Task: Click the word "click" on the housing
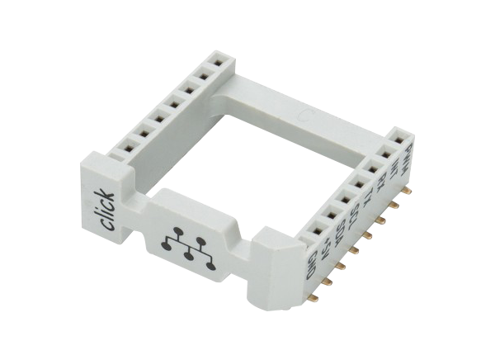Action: tap(101, 211)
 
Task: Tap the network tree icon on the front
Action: tap(190, 245)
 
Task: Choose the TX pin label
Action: tap(369, 198)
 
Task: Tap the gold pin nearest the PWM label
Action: tap(406, 190)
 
